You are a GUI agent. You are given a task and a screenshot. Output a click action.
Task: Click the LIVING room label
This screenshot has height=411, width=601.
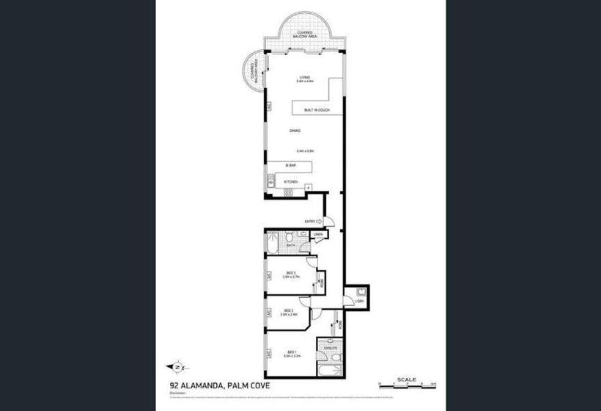click(x=305, y=78)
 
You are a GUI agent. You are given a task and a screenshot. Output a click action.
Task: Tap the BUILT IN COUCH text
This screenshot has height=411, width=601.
click(x=317, y=110)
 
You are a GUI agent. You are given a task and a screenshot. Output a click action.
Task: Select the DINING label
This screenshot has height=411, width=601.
click(x=295, y=131)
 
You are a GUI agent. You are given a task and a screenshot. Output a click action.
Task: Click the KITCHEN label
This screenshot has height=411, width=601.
click(x=291, y=181)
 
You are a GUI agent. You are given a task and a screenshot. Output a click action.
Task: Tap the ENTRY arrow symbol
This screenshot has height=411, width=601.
click(x=320, y=221)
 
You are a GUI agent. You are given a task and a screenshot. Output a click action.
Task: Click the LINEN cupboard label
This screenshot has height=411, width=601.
click(x=318, y=235)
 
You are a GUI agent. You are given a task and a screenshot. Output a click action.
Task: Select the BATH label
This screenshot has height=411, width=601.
click(x=290, y=245)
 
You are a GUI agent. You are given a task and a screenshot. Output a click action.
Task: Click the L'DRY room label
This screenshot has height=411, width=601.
click(x=358, y=301)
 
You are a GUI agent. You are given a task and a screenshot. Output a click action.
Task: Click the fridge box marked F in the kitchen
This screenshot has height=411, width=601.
click(x=309, y=189)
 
